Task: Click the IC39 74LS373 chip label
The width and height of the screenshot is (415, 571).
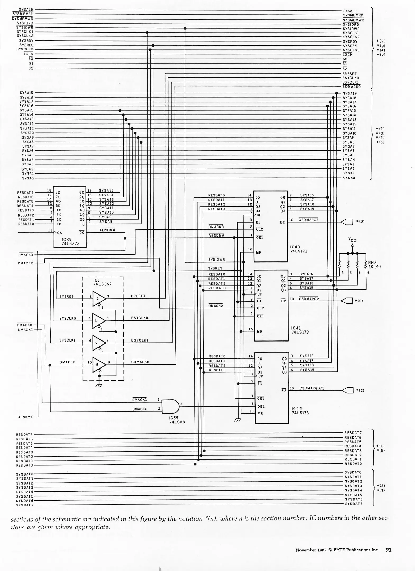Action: pyautogui.click(x=70, y=241)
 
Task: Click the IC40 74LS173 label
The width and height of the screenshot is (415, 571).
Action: pyautogui.click(x=299, y=249)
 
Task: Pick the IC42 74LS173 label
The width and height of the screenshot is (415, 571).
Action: pyautogui.click(x=300, y=411)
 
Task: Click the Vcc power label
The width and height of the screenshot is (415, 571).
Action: pyautogui.click(x=352, y=240)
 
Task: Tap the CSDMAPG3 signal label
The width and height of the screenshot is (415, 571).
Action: pyautogui.click(x=308, y=220)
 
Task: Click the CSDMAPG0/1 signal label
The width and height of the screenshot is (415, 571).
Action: pyautogui.click(x=312, y=388)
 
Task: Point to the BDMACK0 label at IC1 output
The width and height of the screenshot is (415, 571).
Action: pyautogui.click(x=140, y=362)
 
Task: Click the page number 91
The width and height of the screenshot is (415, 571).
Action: pyautogui.click(x=389, y=550)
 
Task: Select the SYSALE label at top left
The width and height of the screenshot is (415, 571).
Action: pyautogui.click(x=26, y=10)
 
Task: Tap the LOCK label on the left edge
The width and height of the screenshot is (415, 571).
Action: pyautogui.click(x=28, y=54)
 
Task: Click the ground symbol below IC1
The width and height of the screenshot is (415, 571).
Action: pyautogui.click(x=99, y=385)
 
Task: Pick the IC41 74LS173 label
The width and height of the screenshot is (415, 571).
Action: pyautogui.click(x=300, y=330)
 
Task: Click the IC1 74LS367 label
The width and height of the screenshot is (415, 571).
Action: pyautogui.click(x=102, y=282)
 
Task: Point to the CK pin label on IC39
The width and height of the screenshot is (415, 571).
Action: pyautogui.click(x=60, y=233)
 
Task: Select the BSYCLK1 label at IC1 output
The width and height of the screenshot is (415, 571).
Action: pyautogui.click(x=140, y=340)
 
